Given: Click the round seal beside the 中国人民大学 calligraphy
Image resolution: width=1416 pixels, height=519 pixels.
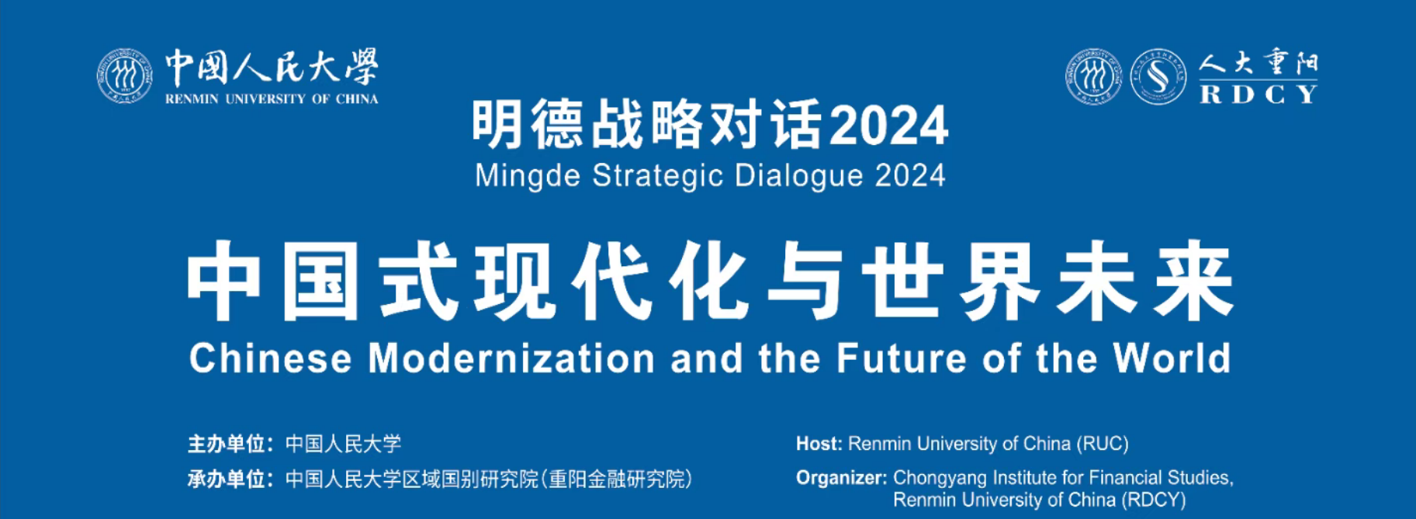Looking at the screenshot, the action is click(x=125, y=76).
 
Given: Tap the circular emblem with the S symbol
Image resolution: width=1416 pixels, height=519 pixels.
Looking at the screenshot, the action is click(x=1158, y=76).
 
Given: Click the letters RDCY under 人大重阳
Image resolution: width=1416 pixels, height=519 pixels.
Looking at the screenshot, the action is click(x=1258, y=94).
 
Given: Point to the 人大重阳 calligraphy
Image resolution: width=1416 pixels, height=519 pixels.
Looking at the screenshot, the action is click(x=1258, y=63).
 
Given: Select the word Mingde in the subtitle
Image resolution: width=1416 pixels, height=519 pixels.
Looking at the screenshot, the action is click(x=528, y=176).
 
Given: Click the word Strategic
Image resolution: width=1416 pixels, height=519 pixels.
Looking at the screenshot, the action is click(x=658, y=176).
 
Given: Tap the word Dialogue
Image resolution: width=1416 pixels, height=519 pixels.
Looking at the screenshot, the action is click(x=799, y=176).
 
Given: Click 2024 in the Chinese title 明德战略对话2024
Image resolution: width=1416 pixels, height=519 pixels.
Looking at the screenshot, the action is click(x=889, y=126).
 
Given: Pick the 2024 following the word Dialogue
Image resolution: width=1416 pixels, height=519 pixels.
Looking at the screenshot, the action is click(x=910, y=175).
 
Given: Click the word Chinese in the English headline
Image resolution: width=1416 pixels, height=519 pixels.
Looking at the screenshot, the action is click(x=271, y=358).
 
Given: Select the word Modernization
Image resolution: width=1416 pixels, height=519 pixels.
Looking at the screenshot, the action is click(x=511, y=358).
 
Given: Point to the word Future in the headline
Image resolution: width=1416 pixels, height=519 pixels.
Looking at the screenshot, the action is click(x=901, y=358).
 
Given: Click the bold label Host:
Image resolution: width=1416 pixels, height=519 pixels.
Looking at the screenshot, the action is click(x=819, y=444).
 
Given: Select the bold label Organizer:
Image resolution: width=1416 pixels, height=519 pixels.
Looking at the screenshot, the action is click(x=842, y=478).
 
